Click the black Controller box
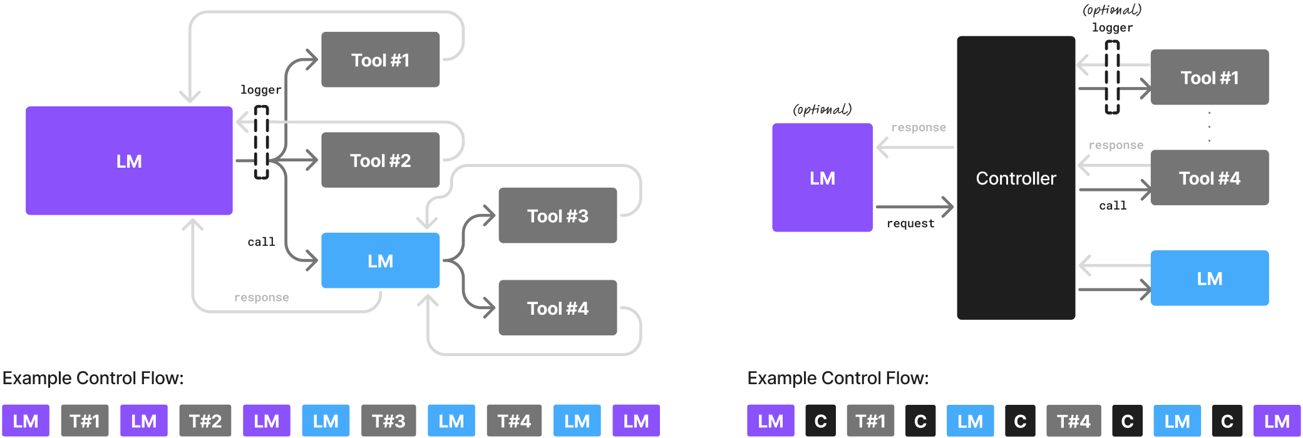1016,178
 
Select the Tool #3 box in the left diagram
557,215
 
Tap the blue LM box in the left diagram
380,260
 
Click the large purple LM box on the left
129,161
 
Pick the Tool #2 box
380,160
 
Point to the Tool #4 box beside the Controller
1209,178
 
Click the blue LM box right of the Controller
1209,278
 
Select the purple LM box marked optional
822,178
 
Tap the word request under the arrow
910,223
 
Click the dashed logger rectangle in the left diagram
261,142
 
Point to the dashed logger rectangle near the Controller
1112,77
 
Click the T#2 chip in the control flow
205,420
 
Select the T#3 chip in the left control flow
388,420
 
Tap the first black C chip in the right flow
820,420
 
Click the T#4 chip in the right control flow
1073,420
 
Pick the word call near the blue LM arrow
261,242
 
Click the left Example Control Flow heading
93,378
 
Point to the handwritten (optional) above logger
1112,10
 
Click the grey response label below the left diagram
261,297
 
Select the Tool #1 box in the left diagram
380,59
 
